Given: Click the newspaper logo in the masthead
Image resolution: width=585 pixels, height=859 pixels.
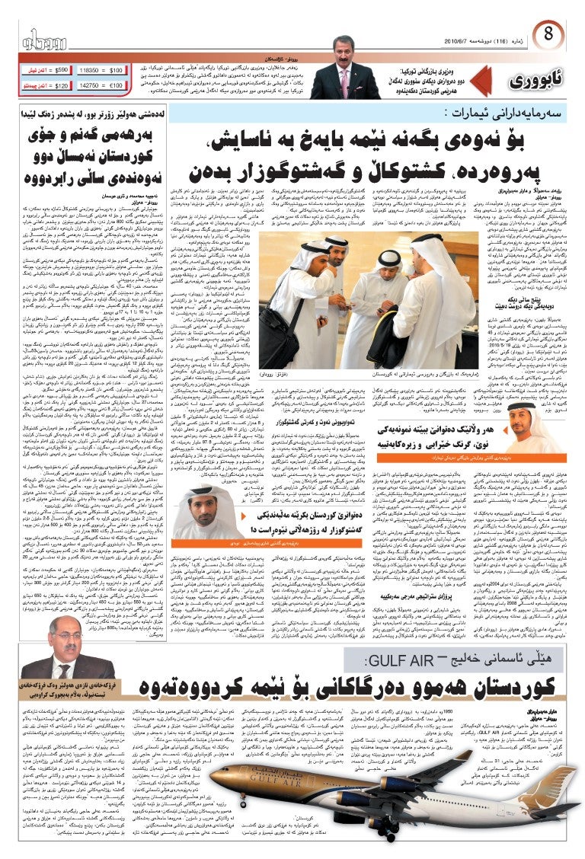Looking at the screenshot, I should [x=45, y=40].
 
